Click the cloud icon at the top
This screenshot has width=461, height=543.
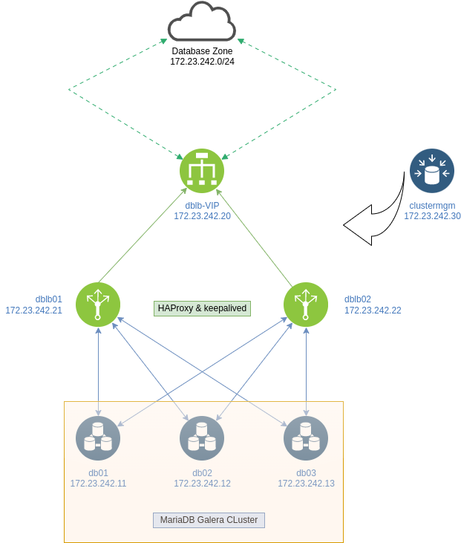202,23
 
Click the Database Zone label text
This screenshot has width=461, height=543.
202,51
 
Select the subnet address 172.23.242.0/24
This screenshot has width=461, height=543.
202,62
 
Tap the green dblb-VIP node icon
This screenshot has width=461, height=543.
202,171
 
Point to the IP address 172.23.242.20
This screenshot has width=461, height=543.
202,216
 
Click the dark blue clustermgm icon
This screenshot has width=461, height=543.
432,171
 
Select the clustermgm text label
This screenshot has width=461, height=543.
432,206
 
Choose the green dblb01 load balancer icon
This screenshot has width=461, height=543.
98,305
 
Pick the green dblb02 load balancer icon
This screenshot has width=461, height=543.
306,305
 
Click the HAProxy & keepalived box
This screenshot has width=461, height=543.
203,308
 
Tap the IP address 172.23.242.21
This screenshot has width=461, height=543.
34,310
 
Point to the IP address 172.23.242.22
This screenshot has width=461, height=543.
373,310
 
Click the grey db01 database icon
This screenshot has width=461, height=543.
98,438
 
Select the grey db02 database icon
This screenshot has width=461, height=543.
202,438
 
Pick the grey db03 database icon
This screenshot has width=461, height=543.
306,438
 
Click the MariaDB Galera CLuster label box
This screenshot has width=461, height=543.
209,520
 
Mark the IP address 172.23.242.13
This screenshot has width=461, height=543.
306,484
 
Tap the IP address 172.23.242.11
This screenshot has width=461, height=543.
98,484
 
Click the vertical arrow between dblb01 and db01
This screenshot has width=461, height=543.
98,371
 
